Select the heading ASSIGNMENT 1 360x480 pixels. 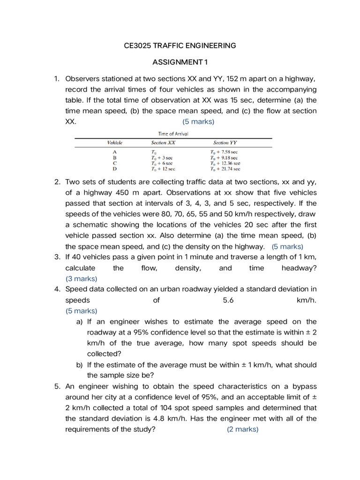pos(180,62)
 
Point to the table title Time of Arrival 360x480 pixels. pos(173,134)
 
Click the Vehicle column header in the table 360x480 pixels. pos(114,142)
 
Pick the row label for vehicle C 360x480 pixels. pos(115,163)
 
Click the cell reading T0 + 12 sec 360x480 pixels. pos(163,168)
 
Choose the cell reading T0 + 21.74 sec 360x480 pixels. pos(225,168)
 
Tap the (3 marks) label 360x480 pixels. pos(81,278)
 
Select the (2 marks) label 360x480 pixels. pos(242,429)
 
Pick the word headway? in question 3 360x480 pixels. pos(299,268)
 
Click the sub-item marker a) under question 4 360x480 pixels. pos(80,322)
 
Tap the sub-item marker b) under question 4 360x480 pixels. pos(80,365)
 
